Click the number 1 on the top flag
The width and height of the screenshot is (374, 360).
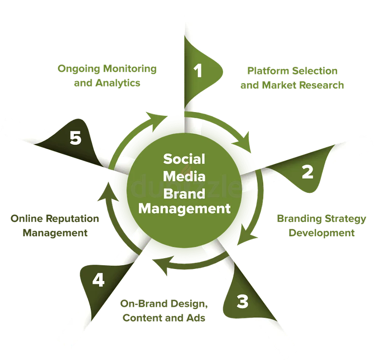click(x=198, y=71)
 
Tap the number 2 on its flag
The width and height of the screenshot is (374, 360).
click(x=308, y=172)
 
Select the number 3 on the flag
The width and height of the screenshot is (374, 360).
click(x=243, y=302)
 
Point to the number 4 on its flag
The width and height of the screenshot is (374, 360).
click(x=98, y=280)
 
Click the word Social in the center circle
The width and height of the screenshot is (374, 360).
click(x=184, y=159)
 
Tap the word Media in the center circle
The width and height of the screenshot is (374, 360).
click(x=184, y=176)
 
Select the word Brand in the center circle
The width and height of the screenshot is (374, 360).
click(x=184, y=193)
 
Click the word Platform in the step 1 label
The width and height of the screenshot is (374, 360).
click(x=268, y=71)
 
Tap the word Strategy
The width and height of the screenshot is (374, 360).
click(x=345, y=219)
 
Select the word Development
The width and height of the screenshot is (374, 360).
click(x=322, y=233)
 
